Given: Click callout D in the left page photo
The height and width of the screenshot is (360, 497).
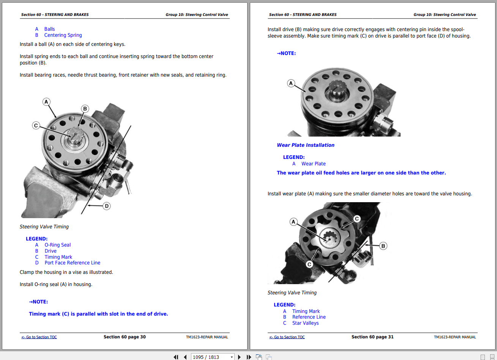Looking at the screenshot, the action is [x=107, y=206].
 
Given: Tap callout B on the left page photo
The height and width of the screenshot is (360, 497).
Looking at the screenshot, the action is [x=85, y=109].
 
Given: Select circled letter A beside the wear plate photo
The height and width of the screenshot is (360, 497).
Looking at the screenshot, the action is [x=291, y=83].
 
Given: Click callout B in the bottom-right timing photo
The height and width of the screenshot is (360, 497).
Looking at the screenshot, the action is [x=383, y=246].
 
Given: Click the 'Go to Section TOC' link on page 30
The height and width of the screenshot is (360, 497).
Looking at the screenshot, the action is [x=39, y=337].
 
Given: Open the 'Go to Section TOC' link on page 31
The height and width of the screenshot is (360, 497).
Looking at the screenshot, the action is [x=287, y=337].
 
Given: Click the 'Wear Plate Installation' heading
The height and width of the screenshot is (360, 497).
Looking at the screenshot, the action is [x=306, y=145].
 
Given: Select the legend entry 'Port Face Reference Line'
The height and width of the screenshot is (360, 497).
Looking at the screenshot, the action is [x=73, y=263].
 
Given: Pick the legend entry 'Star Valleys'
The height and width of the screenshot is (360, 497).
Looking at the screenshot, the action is [x=305, y=323].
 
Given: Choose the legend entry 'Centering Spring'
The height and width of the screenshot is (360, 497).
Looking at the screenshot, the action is [x=63, y=35].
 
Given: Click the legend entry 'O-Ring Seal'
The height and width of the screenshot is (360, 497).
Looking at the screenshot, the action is [x=58, y=245].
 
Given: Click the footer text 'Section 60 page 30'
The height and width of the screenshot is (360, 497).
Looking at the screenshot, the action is [x=125, y=337].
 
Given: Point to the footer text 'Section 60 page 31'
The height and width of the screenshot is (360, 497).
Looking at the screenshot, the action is [x=372, y=337].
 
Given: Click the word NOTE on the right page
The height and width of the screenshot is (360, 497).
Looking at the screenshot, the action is [x=288, y=53].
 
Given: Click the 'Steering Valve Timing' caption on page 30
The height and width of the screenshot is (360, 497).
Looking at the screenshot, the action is [x=44, y=227].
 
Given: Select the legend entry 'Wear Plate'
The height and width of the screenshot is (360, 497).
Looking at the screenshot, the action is [x=314, y=164].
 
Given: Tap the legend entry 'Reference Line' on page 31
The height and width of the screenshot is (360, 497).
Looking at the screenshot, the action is [x=309, y=317].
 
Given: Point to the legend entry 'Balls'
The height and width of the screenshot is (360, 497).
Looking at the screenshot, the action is [x=49, y=29].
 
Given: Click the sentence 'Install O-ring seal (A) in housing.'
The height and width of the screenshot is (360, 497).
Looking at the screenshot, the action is [x=56, y=285].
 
